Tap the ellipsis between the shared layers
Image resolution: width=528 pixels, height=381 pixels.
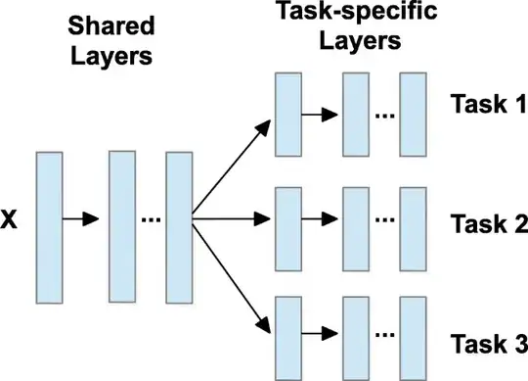pos(151,221)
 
